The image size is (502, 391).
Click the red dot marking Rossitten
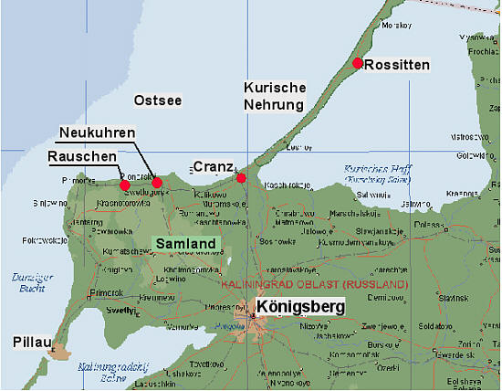tap(358, 63)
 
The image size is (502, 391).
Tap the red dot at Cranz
tap(241, 177)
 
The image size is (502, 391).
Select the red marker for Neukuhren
tap(157, 183)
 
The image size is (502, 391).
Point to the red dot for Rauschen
tap(125, 185)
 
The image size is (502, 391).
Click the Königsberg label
tap(301, 307)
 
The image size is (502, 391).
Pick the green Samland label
tap(185, 244)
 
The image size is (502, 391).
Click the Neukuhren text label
tap(98, 133)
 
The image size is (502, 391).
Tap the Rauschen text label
tap(83, 157)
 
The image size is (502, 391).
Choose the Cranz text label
tap(213, 167)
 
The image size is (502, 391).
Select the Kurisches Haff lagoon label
tap(374, 174)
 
